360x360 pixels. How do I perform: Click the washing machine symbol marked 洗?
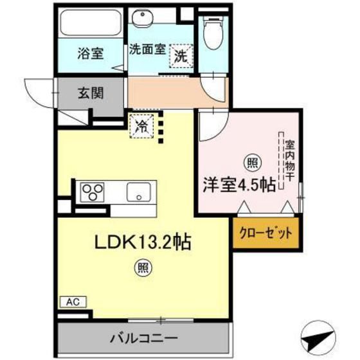point(181,56)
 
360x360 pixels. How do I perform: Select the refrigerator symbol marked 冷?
point(141,125)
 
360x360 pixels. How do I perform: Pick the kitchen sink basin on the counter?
point(139,192)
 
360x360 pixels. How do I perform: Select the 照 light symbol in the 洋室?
point(248,162)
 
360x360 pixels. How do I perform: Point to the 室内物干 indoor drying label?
point(290,161)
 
